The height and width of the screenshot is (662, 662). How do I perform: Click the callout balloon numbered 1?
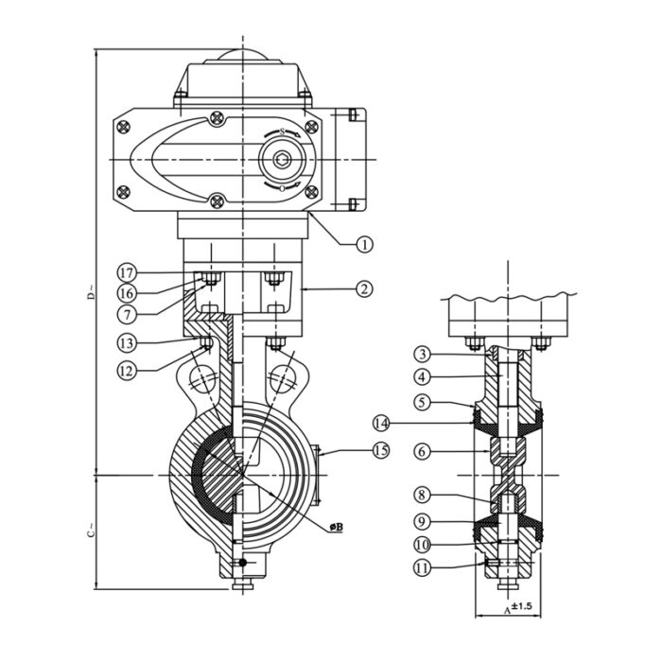pos(364,243)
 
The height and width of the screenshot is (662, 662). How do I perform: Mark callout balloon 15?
pos(380,451)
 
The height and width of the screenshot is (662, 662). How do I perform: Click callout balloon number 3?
pos(423,354)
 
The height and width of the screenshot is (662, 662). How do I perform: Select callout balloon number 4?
pos(423,377)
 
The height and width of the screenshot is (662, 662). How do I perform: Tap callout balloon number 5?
pos(423,401)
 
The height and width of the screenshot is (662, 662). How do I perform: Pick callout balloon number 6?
pos(423,452)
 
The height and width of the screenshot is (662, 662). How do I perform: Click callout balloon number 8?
pos(423,495)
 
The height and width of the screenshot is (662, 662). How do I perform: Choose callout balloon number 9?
pos(423,519)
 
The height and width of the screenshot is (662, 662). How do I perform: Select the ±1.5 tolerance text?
pos(523,605)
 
